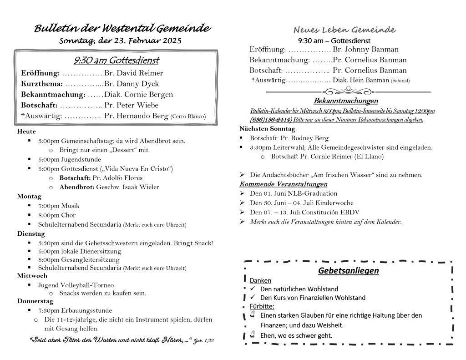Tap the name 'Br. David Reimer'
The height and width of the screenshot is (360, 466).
(x=133, y=73)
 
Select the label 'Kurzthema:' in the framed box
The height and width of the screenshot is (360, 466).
(x=42, y=84)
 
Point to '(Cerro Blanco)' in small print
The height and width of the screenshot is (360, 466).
(x=188, y=117)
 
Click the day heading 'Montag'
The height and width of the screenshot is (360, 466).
(x=29, y=196)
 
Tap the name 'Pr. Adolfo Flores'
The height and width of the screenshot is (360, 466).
(x=117, y=177)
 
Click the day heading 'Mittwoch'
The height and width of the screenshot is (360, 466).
(x=32, y=276)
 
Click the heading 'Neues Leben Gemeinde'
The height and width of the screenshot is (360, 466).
(x=344, y=30)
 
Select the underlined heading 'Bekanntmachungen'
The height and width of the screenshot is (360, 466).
(x=345, y=101)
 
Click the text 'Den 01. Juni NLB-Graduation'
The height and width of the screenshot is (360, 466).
(x=294, y=193)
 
